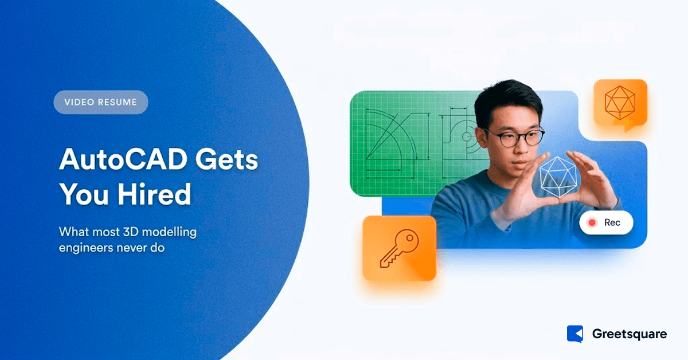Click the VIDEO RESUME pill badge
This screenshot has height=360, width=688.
[101, 103]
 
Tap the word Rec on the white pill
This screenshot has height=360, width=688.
[612, 223]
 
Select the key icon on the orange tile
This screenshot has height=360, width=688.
[400, 248]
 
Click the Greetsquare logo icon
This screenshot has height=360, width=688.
[575, 334]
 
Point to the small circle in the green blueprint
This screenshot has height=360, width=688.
[466, 136]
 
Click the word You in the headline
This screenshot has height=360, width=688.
[77, 195]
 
